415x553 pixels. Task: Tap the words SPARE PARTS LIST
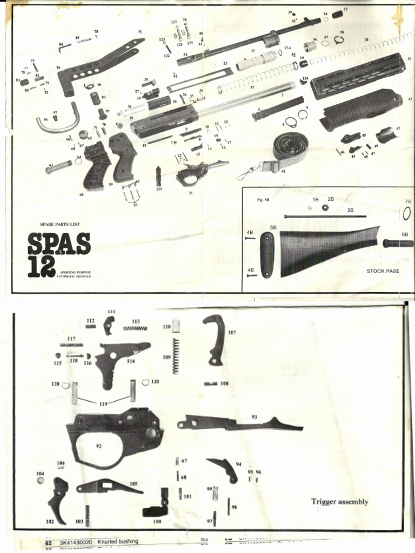point(59,223)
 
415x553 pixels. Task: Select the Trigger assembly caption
point(339,502)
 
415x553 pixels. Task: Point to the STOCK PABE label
point(383,271)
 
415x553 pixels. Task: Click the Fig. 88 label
point(263,200)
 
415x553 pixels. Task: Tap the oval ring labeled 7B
point(406,213)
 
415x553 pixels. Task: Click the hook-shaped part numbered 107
point(215,339)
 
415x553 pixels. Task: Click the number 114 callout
point(131,361)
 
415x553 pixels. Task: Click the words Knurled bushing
point(118,541)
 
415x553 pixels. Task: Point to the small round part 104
point(41,480)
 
